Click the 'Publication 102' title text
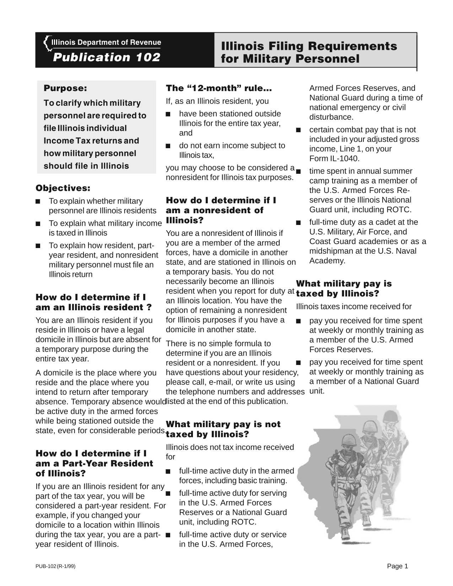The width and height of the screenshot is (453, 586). [107, 58]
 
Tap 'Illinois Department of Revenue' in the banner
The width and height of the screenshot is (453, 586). [106, 43]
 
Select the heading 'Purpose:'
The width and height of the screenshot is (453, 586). [65, 88]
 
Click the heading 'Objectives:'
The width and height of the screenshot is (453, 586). [63, 188]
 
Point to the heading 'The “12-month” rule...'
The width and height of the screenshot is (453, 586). [219, 88]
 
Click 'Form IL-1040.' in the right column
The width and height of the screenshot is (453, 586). [334, 158]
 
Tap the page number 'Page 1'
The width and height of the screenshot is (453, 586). [398, 566]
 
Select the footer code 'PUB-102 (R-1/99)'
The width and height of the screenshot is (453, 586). [55, 566]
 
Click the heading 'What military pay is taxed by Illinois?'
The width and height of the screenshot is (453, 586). [344, 289]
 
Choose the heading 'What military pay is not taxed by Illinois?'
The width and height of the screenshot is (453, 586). [223, 429]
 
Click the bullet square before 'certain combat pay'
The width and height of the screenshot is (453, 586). [298, 130]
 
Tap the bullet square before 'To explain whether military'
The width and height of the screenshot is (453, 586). [38, 201]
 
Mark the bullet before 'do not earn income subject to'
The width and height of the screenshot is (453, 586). [168, 146]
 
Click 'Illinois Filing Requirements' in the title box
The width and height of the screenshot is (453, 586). [309, 46]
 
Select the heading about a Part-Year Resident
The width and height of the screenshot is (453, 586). [94, 463]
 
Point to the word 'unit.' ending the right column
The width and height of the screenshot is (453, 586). [317, 391]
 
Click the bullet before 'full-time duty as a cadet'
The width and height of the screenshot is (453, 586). [298, 223]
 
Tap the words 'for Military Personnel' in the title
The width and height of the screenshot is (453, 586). [290, 59]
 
